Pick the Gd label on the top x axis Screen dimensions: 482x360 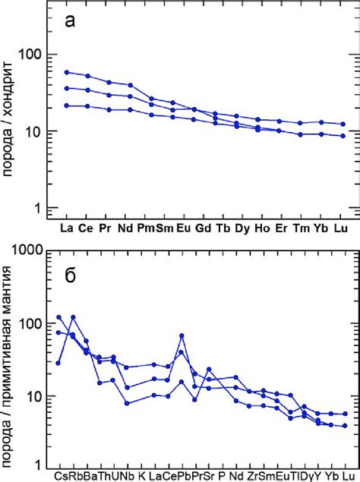tap(203, 228)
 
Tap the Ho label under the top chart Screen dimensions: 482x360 tap(262, 228)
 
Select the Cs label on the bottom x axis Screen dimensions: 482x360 tap(60, 476)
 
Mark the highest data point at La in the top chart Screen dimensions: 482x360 tap(67, 72)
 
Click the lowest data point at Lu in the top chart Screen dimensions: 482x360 tap(343, 136)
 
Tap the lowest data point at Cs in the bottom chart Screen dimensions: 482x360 tap(59, 363)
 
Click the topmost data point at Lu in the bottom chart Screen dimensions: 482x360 tap(346, 414)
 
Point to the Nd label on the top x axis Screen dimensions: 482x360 tap(131, 228)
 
